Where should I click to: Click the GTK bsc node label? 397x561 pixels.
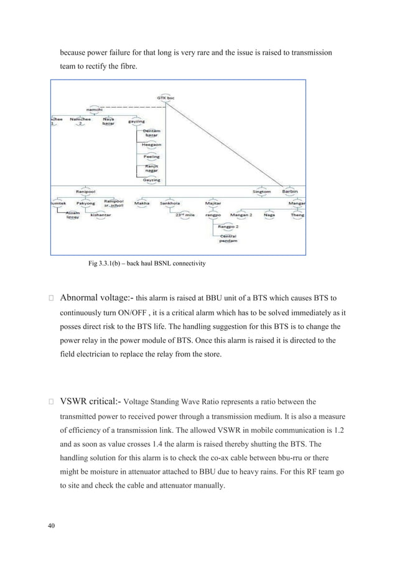pos(166,97)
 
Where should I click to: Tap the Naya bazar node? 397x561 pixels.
pos(108,121)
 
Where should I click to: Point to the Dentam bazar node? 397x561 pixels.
pos(151,133)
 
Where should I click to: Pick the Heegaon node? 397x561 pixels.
pos(151,145)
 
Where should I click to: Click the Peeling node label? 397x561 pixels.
pos(151,157)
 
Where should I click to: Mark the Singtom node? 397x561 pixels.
pos(261,192)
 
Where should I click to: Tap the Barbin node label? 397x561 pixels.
pos(291,192)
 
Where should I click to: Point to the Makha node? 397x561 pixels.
pos(141,203)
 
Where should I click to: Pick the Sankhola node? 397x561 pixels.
pos(170,203)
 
